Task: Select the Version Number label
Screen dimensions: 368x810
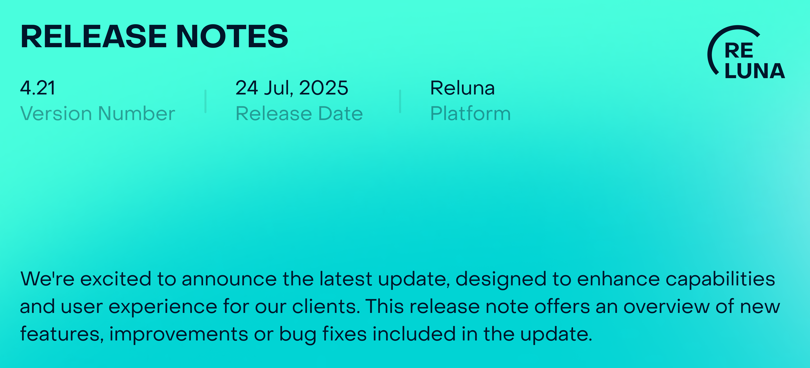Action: click(x=98, y=113)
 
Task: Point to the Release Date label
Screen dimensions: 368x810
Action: click(x=299, y=113)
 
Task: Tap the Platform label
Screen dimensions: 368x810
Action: click(x=470, y=113)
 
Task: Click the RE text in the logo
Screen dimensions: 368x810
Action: click(x=739, y=51)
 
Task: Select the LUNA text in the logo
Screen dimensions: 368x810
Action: click(x=755, y=71)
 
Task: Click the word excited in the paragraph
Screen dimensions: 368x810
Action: click(x=116, y=279)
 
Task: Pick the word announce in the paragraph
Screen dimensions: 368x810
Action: click(x=229, y=279)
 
